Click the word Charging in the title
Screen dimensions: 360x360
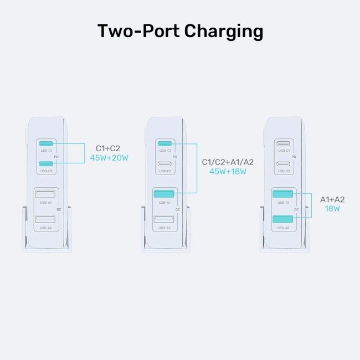click(223, 32)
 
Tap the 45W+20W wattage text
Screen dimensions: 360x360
click(109, 158)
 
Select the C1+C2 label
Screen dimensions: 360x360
click(108, 148)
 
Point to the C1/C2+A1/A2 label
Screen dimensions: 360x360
click(228, 162)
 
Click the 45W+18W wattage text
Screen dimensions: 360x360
click(228, 172)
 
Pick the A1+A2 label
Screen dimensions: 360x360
click(332, 199)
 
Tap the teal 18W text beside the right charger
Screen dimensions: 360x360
click(332, 209)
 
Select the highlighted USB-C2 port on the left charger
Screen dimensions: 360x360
click(45, 163)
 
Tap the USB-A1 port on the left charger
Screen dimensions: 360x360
click(45, 194)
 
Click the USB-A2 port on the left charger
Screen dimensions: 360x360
click(45, 220)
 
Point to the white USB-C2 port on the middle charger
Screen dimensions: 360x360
click(164, 164)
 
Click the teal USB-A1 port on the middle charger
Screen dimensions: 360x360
click(164, 194)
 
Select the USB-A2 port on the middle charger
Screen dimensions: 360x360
click(164, 220)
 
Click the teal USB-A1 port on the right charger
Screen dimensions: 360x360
click(284, 194)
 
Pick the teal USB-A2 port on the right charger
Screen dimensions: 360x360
click(284, 220)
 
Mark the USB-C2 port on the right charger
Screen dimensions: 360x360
click(284, 164)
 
